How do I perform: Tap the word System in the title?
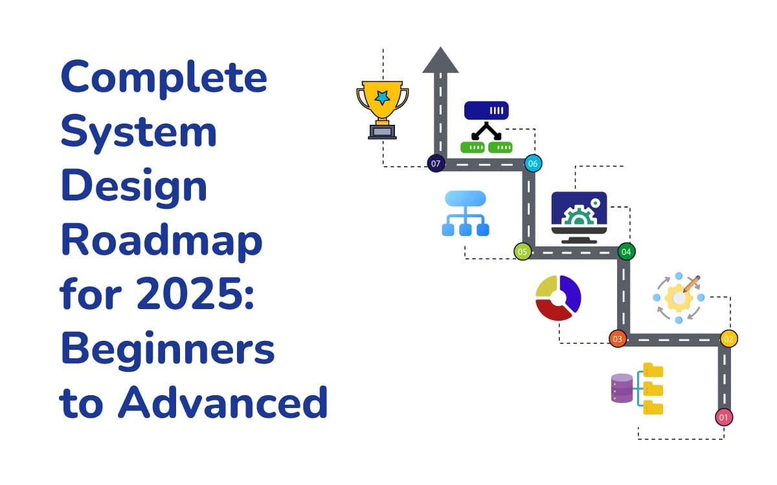coord(139,133)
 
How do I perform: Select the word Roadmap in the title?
coord(161,241)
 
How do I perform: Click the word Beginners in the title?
coord(168,349)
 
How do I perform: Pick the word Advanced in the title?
coord(223,402)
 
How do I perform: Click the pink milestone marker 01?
coord(724,417)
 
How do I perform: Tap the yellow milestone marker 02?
coord(728,339)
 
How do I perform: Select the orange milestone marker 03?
coord(618,339)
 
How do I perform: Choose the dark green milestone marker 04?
coord(625,251)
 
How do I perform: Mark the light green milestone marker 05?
coord(523,251)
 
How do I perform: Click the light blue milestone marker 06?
coord(533,164)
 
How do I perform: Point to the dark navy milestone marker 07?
coord(436,164)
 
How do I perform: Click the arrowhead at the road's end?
coord(440,60)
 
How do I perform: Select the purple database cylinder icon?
coord(622,388)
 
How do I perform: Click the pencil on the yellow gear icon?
coord(691,285)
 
